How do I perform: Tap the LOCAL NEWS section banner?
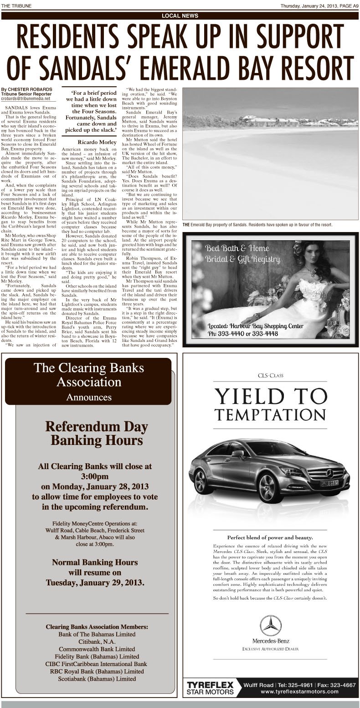[180, 16]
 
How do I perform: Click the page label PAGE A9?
[349, 5]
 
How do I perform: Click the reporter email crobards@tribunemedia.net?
[28, 98]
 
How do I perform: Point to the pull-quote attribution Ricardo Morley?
[97, 142]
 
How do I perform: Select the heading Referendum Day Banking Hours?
[97, 434]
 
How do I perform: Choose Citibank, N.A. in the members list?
[97, 641]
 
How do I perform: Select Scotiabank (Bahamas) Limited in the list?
[97, 679]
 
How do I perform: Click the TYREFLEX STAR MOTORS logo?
[211, 688]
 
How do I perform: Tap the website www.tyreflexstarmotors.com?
[299, 692]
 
